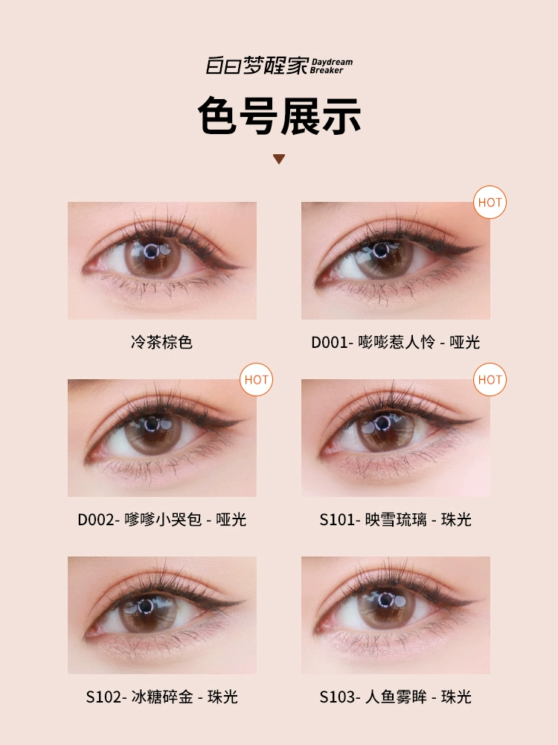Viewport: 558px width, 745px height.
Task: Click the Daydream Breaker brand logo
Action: [x=279, y=66]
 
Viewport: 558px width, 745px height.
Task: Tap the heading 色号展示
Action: [x=279, y=116]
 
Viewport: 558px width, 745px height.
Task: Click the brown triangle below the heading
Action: [x=279, y=159]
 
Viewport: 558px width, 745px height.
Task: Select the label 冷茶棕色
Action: [x=161, y=342]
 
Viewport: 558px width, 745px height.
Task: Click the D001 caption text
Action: [x=395, y=342]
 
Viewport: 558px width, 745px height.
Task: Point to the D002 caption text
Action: [x=161, y=519]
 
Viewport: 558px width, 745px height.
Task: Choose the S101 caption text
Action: [x=395, y=519]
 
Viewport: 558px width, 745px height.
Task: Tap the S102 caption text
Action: [x=161, y=697]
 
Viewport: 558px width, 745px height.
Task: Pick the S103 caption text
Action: [x=395, y=697]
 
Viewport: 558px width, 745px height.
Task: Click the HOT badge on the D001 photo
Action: [x=490, y=203]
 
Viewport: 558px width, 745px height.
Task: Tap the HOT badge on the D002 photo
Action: [x=256, y=380]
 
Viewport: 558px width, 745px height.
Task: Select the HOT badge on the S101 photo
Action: [x=490, y=380]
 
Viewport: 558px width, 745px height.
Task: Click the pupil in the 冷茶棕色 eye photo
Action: [x=151, y=251]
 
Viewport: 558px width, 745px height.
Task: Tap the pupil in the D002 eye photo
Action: [x=152, y=425]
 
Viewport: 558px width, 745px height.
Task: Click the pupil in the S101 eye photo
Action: [x=382, y=423]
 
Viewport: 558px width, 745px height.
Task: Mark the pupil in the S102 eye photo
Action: [x=146, y=606]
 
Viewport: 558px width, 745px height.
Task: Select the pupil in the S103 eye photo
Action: [x=385, y=600]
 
